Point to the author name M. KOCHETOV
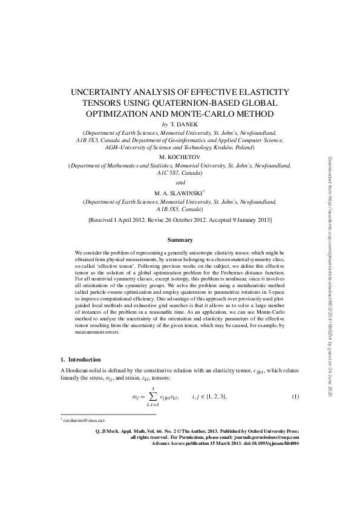(180, 155)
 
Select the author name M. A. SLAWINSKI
(179, 192)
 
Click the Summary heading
(180, 240)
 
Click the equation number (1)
(295, 397)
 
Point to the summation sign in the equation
(153, 397)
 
